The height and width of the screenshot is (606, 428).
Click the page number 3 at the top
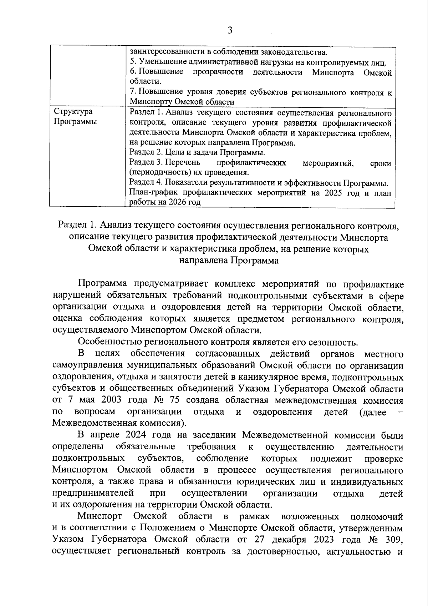coord(230,30)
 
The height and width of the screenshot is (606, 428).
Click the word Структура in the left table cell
coord(73,112)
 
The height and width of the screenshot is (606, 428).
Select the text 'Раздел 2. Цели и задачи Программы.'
coord(197,153)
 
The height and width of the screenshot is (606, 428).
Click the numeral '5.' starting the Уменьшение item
coord(133,62)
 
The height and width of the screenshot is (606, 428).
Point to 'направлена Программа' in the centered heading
coord(229,260)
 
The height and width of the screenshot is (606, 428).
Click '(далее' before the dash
coord(373,413)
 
